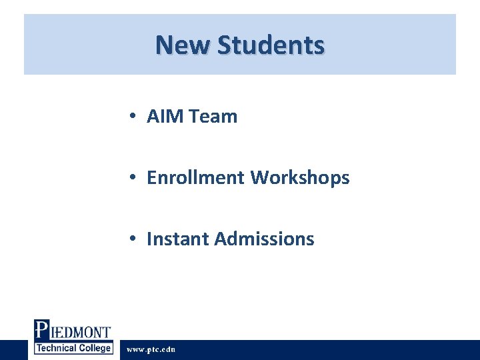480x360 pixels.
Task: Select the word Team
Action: [213, 117]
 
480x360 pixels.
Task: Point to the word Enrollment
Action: [196, 178]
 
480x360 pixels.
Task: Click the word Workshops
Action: [300, 178]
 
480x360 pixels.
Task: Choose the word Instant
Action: [177, 239]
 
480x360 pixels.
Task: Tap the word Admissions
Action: [264, 239]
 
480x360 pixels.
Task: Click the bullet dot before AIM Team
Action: [134, 117]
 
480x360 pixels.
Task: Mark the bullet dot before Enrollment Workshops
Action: [134, 178]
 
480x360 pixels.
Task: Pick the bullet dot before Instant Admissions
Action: [134, 239]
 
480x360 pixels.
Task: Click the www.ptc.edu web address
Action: [151, 349]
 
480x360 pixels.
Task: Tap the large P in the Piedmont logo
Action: [41, 331]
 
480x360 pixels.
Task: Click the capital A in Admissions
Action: [221, 239]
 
